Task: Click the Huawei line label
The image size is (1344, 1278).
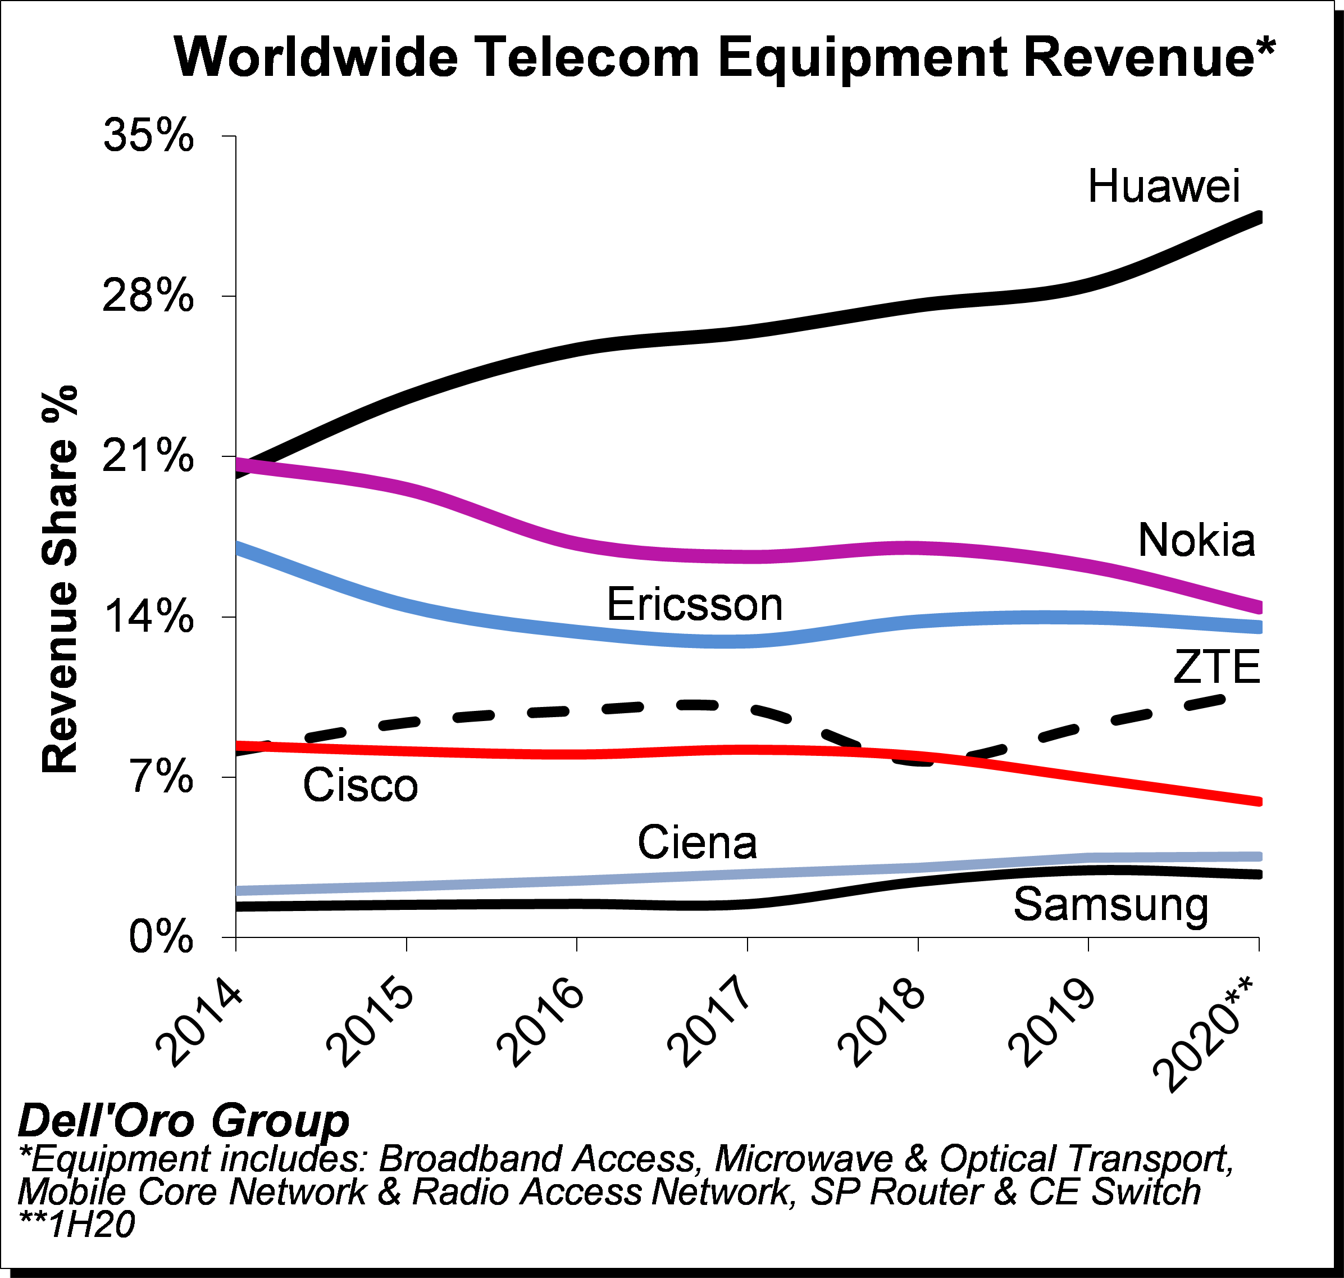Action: [x=1164, y=187]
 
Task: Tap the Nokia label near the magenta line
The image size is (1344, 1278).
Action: [x=1196, y=541]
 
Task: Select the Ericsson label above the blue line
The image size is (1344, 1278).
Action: [x=695, y=605]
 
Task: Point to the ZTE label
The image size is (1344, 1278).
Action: [x=1217, y=667]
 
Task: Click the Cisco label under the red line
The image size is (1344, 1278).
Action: [x=360, y=786]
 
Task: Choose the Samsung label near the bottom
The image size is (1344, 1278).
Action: [x=1110, y=905]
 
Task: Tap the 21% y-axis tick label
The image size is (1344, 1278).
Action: [x=148, y=457]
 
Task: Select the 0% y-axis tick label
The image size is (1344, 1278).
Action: [x=161, y=937]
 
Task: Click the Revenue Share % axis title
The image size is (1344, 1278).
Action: [x=60, y=579]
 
